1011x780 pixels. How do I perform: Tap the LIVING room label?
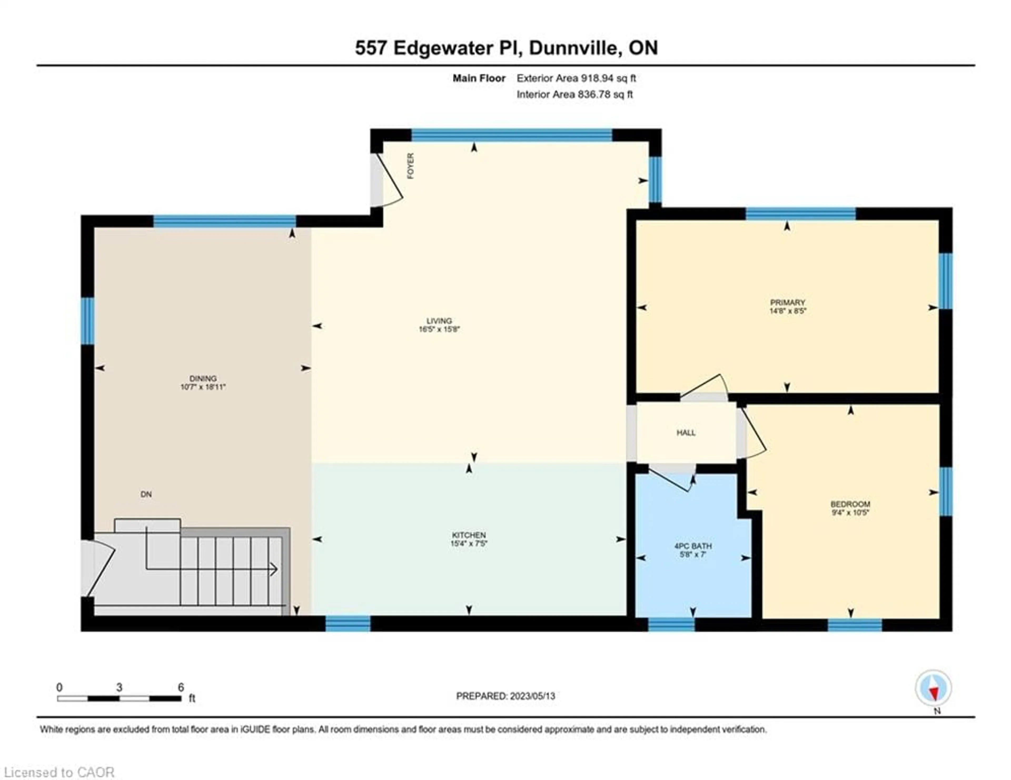[439, 321]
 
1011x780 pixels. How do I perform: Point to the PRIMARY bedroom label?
[787, 303]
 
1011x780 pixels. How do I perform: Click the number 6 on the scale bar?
[181, 687]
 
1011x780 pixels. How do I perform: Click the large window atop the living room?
[512, 135]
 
